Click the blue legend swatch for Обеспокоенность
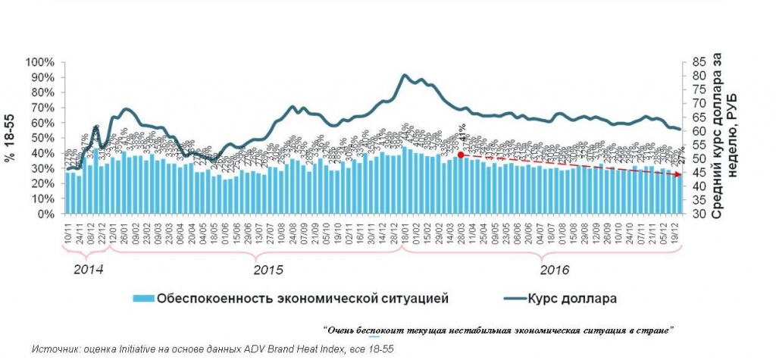coord(142,298)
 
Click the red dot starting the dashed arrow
coord(461,155)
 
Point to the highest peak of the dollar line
coord(404,75)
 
